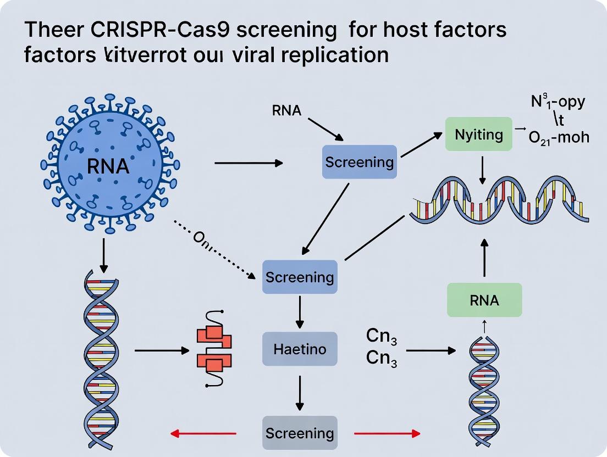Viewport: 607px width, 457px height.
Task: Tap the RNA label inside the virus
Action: tap(108, 165)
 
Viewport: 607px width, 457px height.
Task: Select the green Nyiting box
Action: tap(479, 135)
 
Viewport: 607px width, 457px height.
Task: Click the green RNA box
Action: tap(484, 300)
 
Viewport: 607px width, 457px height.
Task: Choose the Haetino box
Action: tap(300, 349)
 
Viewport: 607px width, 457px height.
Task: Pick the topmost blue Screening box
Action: tap(359, 162)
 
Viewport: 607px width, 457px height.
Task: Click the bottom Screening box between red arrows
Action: tap(300, 433)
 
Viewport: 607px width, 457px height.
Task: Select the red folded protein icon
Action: tap(214, 349)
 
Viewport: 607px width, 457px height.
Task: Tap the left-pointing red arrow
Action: tap(203, 434)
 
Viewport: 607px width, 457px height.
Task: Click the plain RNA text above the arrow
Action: tap(286, 110)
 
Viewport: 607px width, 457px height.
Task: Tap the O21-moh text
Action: tap(558, 137)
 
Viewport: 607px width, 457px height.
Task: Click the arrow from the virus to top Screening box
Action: tap(247, 163)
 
